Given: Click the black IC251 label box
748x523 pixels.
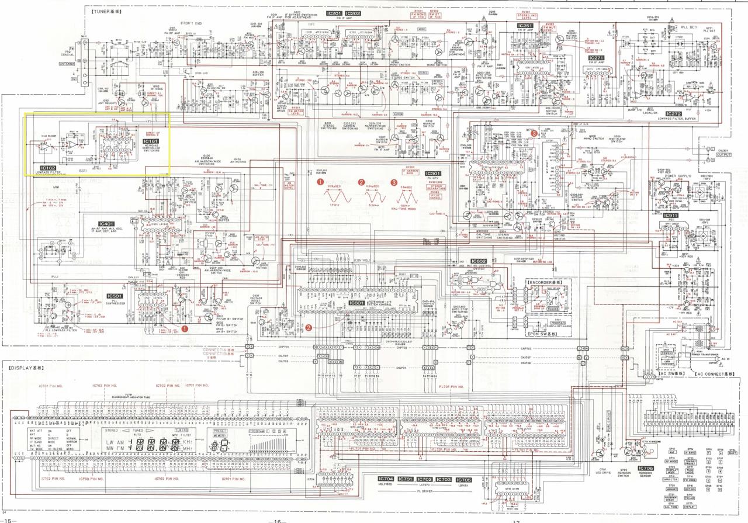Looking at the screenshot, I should click(525, 26).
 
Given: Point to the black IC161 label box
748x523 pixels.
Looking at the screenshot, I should click(151, 141).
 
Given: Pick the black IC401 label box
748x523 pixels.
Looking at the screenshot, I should click(106, 224).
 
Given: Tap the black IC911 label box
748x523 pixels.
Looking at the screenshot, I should click(670, 216).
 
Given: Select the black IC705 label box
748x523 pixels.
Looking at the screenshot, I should click(463, 479).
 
